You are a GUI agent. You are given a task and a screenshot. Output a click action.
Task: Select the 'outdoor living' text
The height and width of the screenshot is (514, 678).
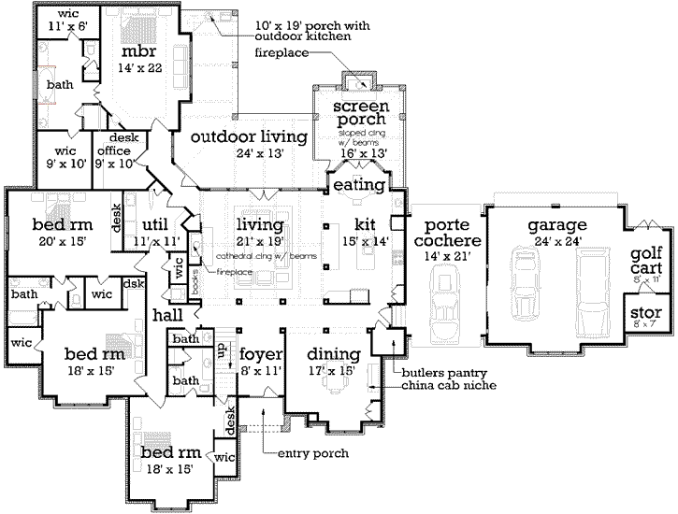[x=249, y=137]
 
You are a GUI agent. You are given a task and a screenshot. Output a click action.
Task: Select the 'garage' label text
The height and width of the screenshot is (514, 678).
[x=555, y=225]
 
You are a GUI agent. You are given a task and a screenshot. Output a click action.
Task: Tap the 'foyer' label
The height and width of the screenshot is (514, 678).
[x=256, y=354]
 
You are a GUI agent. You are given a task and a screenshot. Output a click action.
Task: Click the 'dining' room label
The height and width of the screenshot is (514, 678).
[x=334, y=354]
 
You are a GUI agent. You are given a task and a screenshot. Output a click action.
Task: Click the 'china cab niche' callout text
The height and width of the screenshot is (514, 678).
[x=449, y=385]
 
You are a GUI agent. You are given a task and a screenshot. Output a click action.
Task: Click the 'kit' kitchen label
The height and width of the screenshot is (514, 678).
[x=365, y=225]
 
